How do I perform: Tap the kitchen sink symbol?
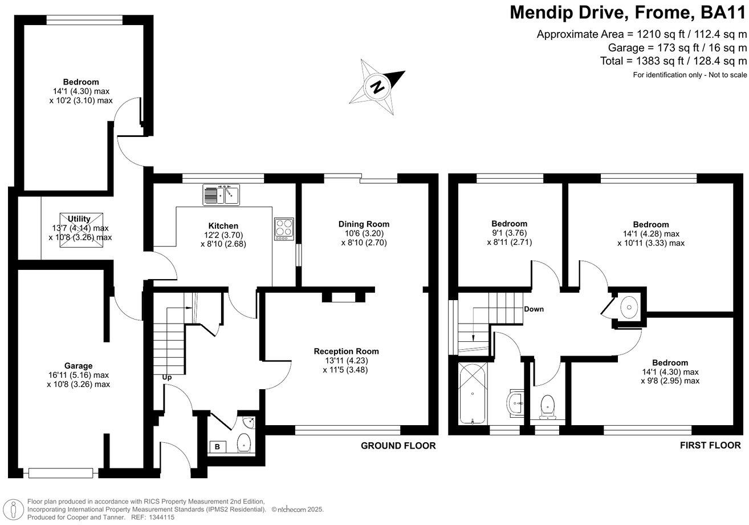click(222, 195)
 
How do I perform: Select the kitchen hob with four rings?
click(284, 228)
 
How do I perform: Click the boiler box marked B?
click(217, 446)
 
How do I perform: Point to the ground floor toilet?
click(244, 442)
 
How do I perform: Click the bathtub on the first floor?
click(473, 392)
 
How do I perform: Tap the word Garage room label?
click(78, 366)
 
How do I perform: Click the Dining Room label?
click(364, 224)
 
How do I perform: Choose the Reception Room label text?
click(347, 351)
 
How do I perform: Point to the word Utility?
click(79, 219)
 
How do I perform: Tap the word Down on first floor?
click(534, 309)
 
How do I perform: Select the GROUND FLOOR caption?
click(398, 446)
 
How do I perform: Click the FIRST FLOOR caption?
click(710, 445)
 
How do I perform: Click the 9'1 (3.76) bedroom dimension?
click(509, 233)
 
